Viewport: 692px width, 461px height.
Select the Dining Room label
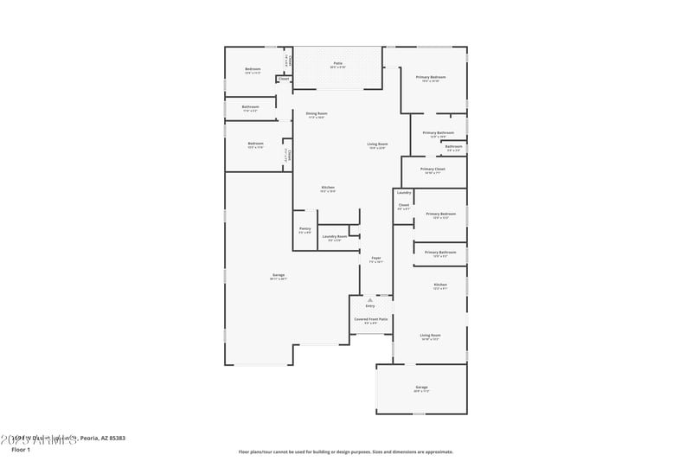coord(316,114)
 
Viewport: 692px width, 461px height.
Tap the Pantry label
coord(304,230)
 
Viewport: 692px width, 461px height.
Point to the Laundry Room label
coord(335,237)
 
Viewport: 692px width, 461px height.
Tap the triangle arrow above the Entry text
coord(370,299)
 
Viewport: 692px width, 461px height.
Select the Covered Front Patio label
coord(370,320)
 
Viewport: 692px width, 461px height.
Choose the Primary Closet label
coord(432,170)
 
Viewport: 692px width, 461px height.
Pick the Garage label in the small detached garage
coord(421,388)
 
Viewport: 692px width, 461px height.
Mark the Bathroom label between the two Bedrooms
coord(251,108)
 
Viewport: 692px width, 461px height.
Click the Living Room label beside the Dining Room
coord(377,145)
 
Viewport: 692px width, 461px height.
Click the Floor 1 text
coord(21,450)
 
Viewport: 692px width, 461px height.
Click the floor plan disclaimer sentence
coord(345,451)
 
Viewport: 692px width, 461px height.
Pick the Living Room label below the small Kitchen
coord(430,336)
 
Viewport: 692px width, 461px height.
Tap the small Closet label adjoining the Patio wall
coord(284,79)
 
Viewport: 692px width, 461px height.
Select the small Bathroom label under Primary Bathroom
coord(453,148)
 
